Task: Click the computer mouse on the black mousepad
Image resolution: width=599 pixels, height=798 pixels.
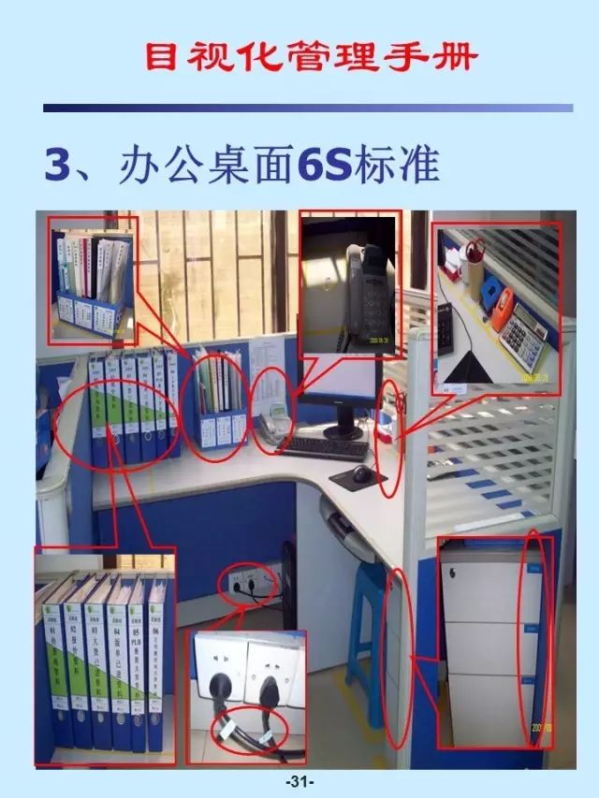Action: point(361,474)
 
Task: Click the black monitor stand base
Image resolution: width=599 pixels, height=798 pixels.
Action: point(344,431)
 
